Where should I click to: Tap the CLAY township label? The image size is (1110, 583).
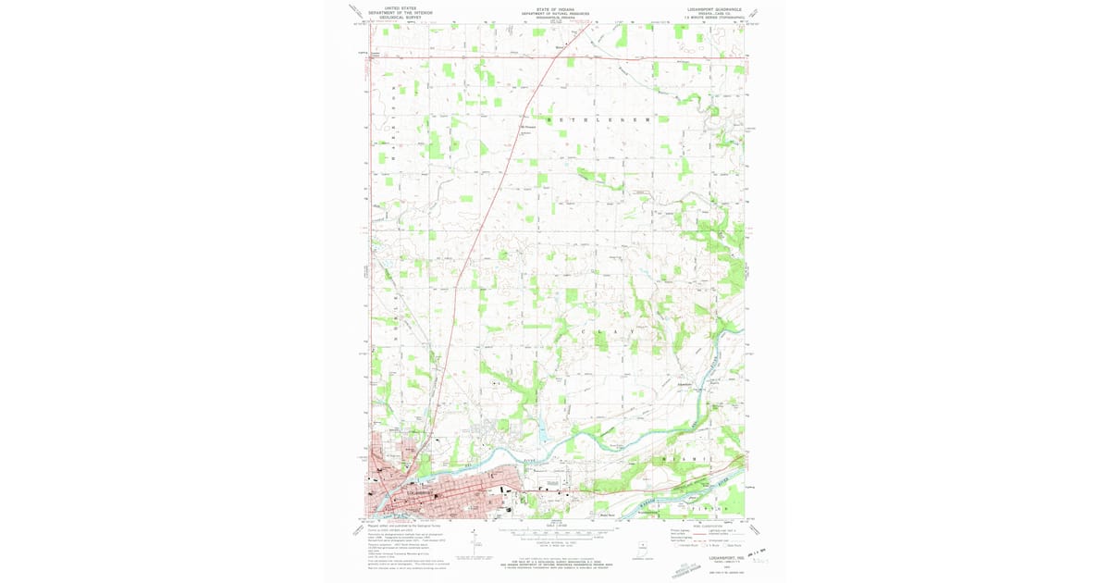tap(609, 331)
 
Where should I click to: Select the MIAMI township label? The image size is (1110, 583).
tap(685, 460)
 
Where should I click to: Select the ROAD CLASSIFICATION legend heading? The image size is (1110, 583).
tap(706, 526)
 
